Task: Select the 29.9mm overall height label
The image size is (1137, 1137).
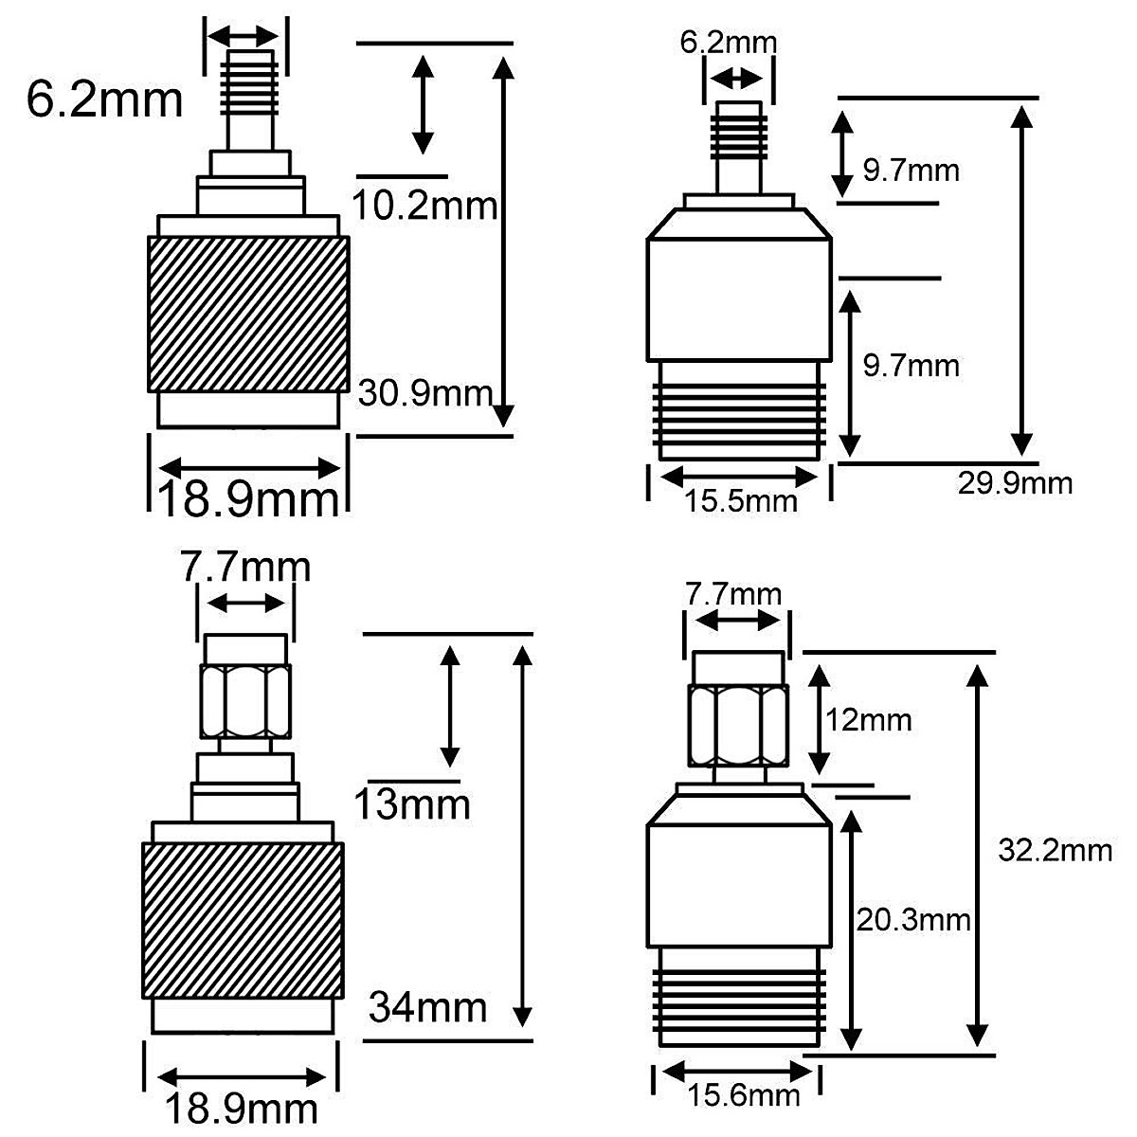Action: click(x=1015, y=483)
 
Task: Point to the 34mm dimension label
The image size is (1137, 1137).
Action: click(x=427, y=1006)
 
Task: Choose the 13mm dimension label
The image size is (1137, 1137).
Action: click(x=411, y=804)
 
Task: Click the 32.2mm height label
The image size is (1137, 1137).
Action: click(x=1055, y=850)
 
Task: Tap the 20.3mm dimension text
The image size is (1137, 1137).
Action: click(x=912, y=919)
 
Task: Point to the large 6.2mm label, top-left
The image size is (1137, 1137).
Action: click(x=104, y=99)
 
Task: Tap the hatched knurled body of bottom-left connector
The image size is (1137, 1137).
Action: click(x=243, y=919)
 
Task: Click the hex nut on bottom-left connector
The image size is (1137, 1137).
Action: click(x=245, y=701)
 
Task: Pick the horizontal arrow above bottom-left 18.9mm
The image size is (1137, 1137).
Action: click(x=244, y=1077)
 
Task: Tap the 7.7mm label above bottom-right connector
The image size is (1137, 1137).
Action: click(x=733, y=595)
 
